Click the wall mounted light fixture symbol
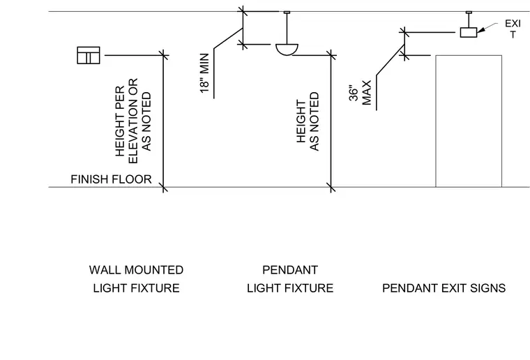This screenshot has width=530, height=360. point(89,55)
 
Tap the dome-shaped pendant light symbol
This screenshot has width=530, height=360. point(287,50)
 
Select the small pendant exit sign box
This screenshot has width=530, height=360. point(469,33)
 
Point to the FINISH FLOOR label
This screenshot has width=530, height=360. point(111,179)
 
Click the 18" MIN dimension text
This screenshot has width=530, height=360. point(205,73)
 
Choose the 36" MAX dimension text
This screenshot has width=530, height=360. point(361,93)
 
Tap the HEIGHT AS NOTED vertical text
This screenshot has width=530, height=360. point(308,121)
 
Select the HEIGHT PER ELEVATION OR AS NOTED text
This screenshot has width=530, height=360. point(133,120)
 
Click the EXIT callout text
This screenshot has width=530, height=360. point(513,29)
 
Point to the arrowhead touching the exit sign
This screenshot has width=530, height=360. point(480,30)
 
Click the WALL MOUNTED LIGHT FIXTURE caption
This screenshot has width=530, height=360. point(136,279)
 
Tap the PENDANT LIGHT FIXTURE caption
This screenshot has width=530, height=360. point(290,279)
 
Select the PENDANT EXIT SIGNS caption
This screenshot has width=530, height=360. point(444,288)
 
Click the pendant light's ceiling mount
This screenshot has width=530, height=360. point(287,13)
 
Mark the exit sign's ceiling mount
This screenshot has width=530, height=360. point(469,13)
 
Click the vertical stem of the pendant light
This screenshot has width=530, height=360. point(287,29)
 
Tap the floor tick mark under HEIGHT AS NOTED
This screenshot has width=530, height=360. point(331,187)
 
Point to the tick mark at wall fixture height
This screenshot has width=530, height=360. point(163,55)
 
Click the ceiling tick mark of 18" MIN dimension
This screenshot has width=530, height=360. point(243,11)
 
